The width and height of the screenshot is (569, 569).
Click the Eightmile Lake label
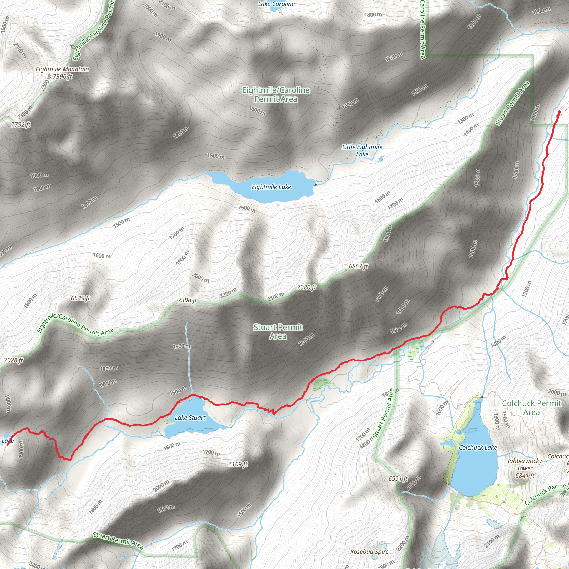click(x=271, y=187)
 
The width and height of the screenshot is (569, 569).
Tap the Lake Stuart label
click(x=190, y=418)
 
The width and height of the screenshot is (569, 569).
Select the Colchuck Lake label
click(x=478, y=448)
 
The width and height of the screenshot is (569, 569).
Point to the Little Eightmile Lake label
click(x=362, y=151)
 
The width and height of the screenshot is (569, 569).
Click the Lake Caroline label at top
click(x=276, y=4)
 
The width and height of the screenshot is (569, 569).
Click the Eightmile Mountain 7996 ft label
click(x=62, y=73)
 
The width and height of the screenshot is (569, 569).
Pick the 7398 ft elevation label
click(x=187, y=300)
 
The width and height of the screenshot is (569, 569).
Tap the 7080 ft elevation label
click(x=307, y=287)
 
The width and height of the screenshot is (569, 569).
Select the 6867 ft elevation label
click(x=358, y=266)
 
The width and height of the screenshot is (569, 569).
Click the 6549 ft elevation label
click(x=80, y=298)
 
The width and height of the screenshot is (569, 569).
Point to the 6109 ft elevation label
click(x=238, y=465)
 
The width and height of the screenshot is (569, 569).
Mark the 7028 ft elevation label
click(x=13, y=360)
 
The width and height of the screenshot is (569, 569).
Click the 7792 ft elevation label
click(x=21, y=124)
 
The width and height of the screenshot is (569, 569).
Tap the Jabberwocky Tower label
click(x=525, y=468)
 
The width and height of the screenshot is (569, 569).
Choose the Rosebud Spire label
click(x=369, y=551)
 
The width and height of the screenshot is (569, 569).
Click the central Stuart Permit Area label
click(x=278, y=332)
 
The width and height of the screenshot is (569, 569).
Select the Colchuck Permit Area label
click(x=531, y=408)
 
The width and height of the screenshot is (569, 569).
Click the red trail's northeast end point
click(x=559, y=112)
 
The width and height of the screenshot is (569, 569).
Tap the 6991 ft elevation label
click(x=398, y=479)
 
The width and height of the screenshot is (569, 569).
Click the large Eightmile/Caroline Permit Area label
click(x=276, y=94)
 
